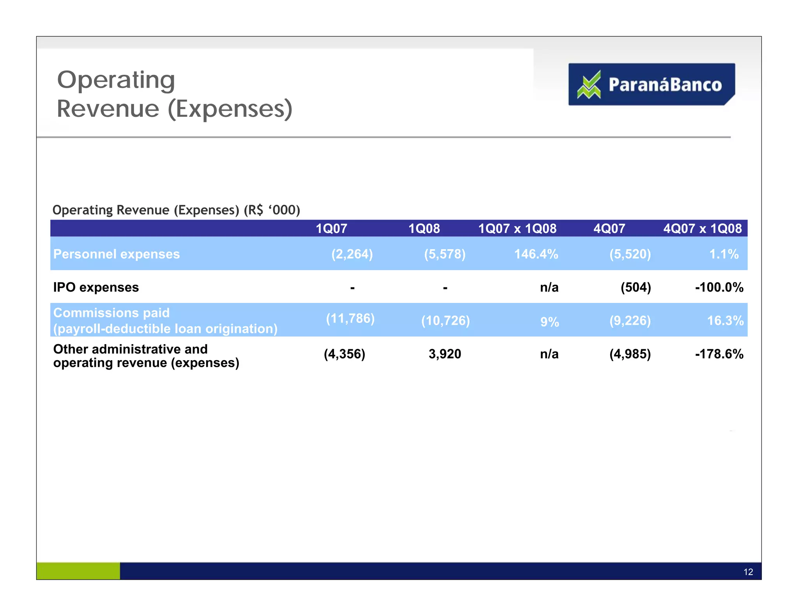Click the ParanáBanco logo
[x=651, y=84]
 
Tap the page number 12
[x=748, y=572]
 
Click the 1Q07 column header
[x=331, y=229]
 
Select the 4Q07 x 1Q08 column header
[x=702, y=229]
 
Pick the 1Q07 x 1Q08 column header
[x=517, y=229]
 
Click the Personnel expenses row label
[x=117, y=254]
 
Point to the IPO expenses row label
[x=96, y=287]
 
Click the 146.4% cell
[x=536, y=254]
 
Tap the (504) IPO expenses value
[x=636, y=287]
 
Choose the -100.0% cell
[x=719, y=287]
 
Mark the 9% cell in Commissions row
[x=549, y=322]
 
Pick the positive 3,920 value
[x=445, y=354]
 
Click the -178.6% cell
[x=719, y=354]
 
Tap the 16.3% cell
[x=725, y=320]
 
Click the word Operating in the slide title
[x=116, y=80]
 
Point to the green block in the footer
[x=78, y=571]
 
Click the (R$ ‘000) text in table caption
[x=272, y=210]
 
